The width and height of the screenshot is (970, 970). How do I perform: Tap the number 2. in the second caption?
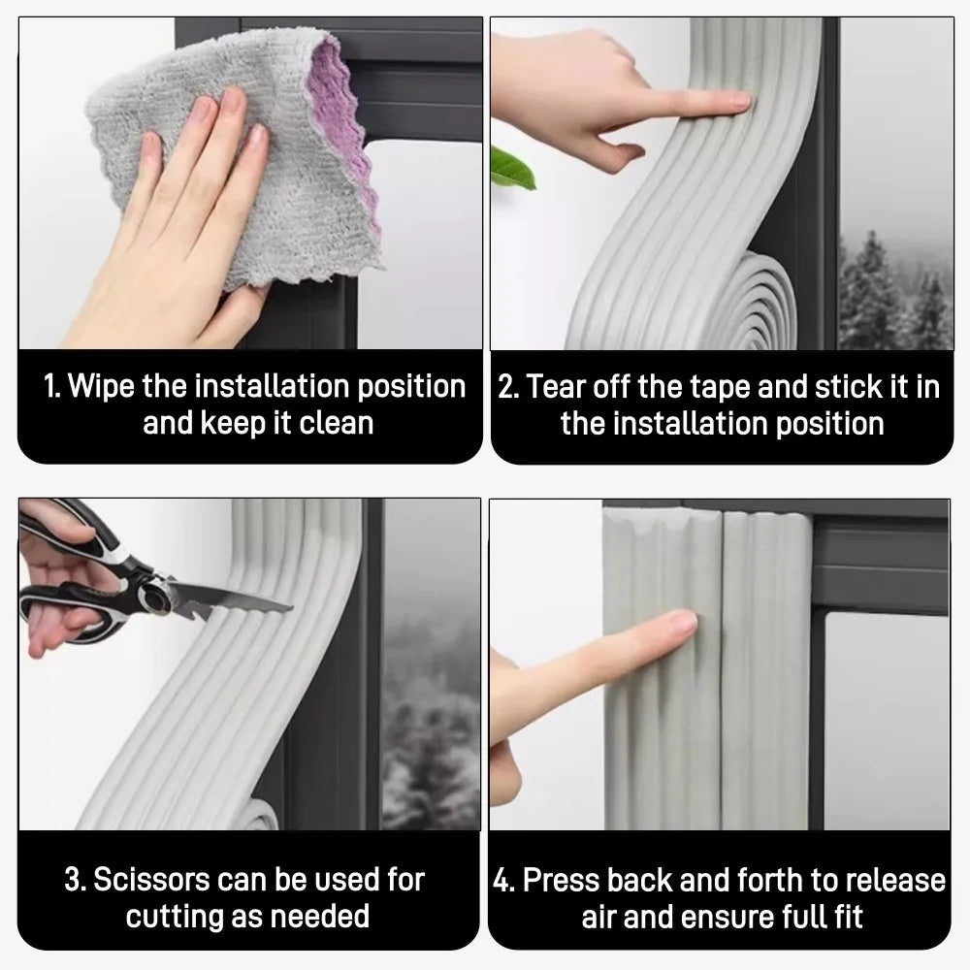click(x=508, y=386)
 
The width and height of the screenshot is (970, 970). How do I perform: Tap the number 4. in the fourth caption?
click(x=504, y=880)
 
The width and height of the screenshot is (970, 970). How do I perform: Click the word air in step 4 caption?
click(x=601, y=916)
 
